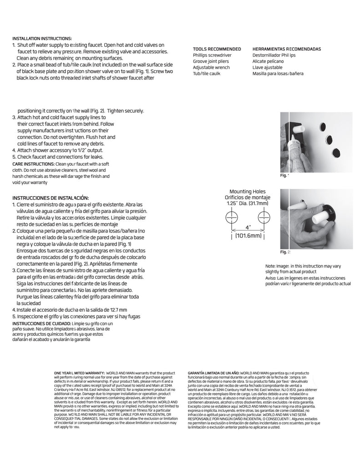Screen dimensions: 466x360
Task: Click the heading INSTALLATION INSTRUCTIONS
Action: click(42, 39)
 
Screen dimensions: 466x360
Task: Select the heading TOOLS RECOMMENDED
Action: click(217, 49)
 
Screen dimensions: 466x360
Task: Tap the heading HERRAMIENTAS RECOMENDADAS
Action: click(286, 49)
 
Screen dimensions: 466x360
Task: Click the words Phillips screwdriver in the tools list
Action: click(212, 55)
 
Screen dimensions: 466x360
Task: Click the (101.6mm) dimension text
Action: click(248, 236)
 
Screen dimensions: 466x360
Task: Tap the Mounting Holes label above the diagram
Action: click(247, 192)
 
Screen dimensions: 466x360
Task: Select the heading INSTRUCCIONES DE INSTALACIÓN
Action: click(50, 198)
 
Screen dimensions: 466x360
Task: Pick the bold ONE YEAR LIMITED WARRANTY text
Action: click(80, 372)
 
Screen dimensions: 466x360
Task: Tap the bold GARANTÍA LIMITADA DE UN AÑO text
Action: click(213, 372)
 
